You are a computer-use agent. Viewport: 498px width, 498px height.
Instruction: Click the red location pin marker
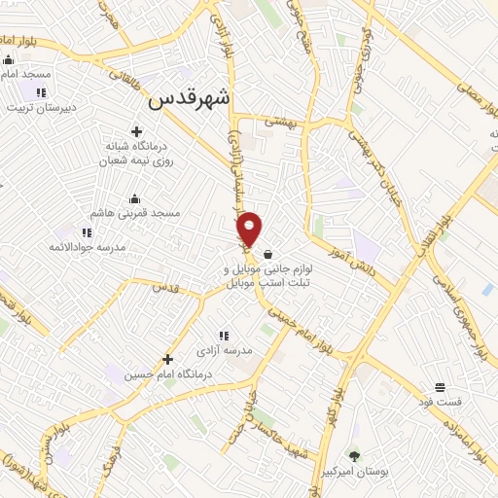click(250, 229)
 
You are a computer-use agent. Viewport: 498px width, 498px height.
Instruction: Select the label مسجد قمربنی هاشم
click(130, 212)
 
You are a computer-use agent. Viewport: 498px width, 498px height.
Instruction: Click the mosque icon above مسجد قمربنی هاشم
click(134, 198)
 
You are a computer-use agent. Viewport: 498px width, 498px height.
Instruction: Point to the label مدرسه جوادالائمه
click(88, 247)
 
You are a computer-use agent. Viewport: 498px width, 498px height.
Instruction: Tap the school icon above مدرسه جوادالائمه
click(87, 233)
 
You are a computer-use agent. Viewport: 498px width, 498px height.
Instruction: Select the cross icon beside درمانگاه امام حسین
click(168, 359)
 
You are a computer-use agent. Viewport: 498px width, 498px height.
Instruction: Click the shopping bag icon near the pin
click(267, 254)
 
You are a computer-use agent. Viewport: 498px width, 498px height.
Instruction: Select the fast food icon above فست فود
click(440, 387)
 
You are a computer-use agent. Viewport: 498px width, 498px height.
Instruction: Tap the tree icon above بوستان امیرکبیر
click(353, 455)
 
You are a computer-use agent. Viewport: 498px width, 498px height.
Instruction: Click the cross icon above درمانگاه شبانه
click(136, 131)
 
